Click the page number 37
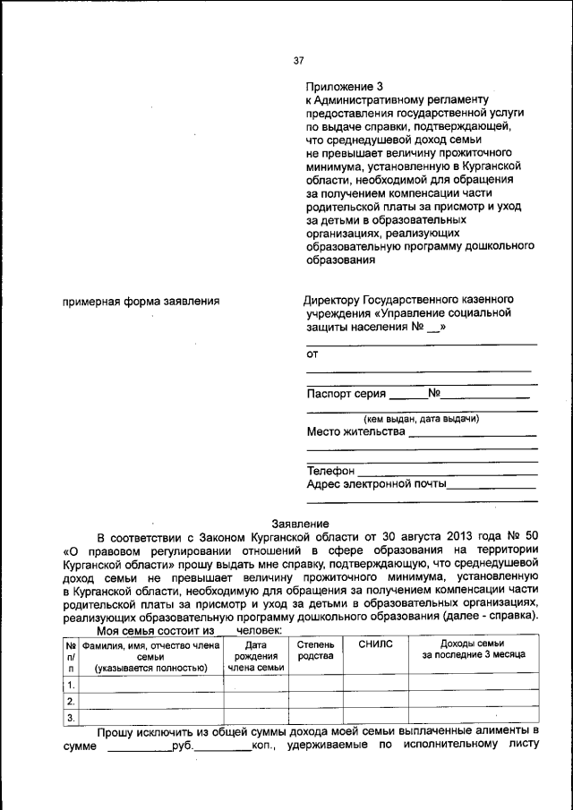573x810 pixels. (299, 61)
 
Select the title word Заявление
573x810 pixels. (300, 524)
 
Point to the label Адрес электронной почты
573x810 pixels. (376, 484)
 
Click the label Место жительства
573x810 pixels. (355, 431)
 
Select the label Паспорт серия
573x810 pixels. (346, 393)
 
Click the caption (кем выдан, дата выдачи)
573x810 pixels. (421, 418)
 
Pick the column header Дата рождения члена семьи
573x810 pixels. (255, 655)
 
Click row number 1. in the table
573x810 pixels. (70, 685)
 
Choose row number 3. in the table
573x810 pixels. (70, 717)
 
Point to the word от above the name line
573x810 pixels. (312, 354)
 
